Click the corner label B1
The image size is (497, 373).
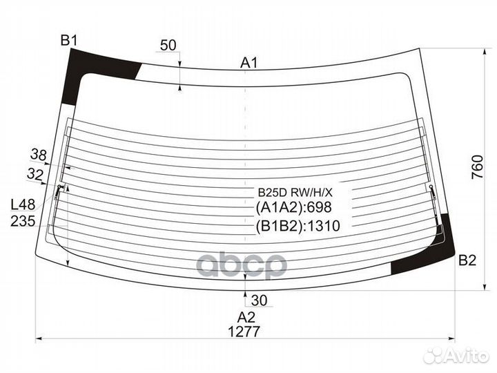point(69,41)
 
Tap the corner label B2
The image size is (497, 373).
point(467,260)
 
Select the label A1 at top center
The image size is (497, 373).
point(249,63)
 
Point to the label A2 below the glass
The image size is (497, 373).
point(246,317)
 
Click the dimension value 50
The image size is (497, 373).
point(168,46)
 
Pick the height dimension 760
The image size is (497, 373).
point(478,167)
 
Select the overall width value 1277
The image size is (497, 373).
point(244,332)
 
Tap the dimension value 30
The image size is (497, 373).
point(259,300)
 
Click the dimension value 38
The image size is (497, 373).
point(39,155)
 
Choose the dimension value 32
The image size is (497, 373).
point(35,174)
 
